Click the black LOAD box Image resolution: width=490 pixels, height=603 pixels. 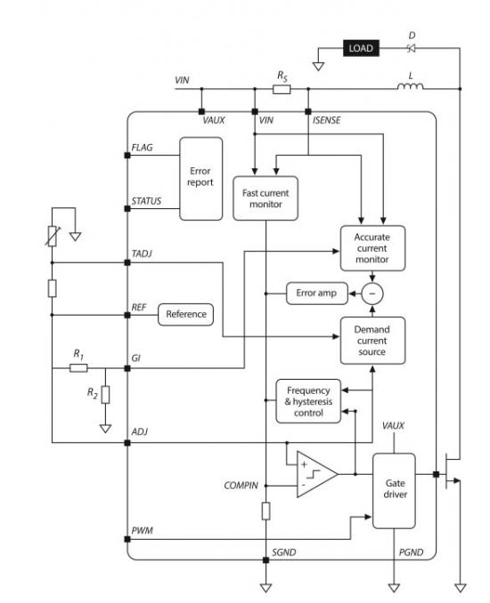361,48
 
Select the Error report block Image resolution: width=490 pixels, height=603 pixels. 200,179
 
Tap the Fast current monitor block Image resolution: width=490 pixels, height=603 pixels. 265,198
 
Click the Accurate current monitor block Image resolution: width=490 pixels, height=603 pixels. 372,248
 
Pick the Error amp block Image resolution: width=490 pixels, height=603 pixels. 316,293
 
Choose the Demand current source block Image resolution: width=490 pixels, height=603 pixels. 372,341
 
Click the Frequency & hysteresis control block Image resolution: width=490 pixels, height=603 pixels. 308,401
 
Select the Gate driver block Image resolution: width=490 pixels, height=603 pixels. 394,491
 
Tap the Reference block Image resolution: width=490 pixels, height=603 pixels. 185,314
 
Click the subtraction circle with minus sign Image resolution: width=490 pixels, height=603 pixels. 372,293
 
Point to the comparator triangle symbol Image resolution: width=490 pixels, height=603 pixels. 317,474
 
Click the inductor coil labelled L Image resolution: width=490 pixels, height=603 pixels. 410,86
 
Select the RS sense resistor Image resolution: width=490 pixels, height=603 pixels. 282,89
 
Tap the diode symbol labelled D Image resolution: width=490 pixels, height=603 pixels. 411,48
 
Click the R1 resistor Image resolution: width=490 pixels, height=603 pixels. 78,368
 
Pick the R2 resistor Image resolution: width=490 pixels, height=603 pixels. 105,395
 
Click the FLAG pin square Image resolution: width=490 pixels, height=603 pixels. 127,156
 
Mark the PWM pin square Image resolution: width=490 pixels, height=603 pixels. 127,539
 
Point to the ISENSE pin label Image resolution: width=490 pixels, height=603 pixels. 326,120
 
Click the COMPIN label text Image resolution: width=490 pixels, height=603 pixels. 241,486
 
